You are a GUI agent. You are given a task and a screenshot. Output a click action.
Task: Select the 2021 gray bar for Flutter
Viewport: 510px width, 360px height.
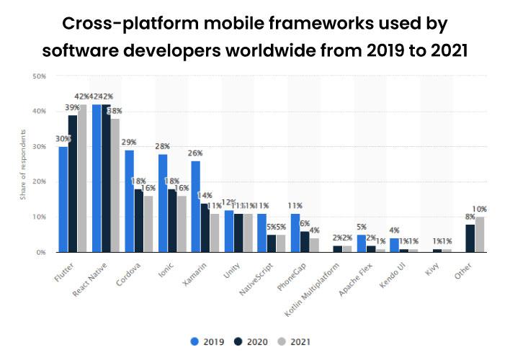click(82, 179)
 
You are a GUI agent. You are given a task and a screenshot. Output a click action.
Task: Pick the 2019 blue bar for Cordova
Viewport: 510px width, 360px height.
click(129, 202)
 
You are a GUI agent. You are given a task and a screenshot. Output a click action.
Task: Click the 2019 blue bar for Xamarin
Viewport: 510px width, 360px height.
click(195, 207)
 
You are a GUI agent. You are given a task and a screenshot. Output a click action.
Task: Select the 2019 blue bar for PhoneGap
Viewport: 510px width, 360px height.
click(295, 233)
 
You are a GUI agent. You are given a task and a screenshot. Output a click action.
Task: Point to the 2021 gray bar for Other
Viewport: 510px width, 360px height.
click(480, 235)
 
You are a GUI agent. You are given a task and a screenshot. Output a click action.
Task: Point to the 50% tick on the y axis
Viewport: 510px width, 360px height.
click(40, 76)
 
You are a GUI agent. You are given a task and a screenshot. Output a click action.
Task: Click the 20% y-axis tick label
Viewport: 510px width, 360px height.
click(40, 182)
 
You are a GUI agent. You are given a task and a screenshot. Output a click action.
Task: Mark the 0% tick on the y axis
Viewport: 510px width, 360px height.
click(41, 253)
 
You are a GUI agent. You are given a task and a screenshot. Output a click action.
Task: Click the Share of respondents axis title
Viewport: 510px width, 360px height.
click(24, 164)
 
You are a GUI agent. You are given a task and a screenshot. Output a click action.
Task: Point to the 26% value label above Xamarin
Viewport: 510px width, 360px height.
click(195, 153)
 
